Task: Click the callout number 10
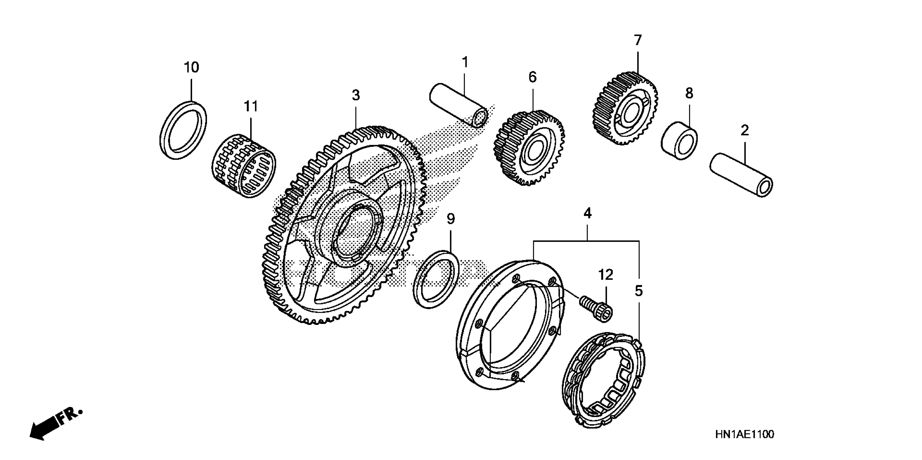coord(192,67)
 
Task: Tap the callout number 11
coord(251,106)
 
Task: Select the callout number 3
coord(355,95)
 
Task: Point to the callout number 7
coord(638,40)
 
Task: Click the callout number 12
coord(606,275)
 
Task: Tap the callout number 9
coord(451,219)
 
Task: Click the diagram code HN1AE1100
coord(745,435)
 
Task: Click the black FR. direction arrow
coord(45,428)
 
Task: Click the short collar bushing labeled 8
coord(679,141)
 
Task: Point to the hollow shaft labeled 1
coord(458,105)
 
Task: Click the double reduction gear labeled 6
coord(529,148)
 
